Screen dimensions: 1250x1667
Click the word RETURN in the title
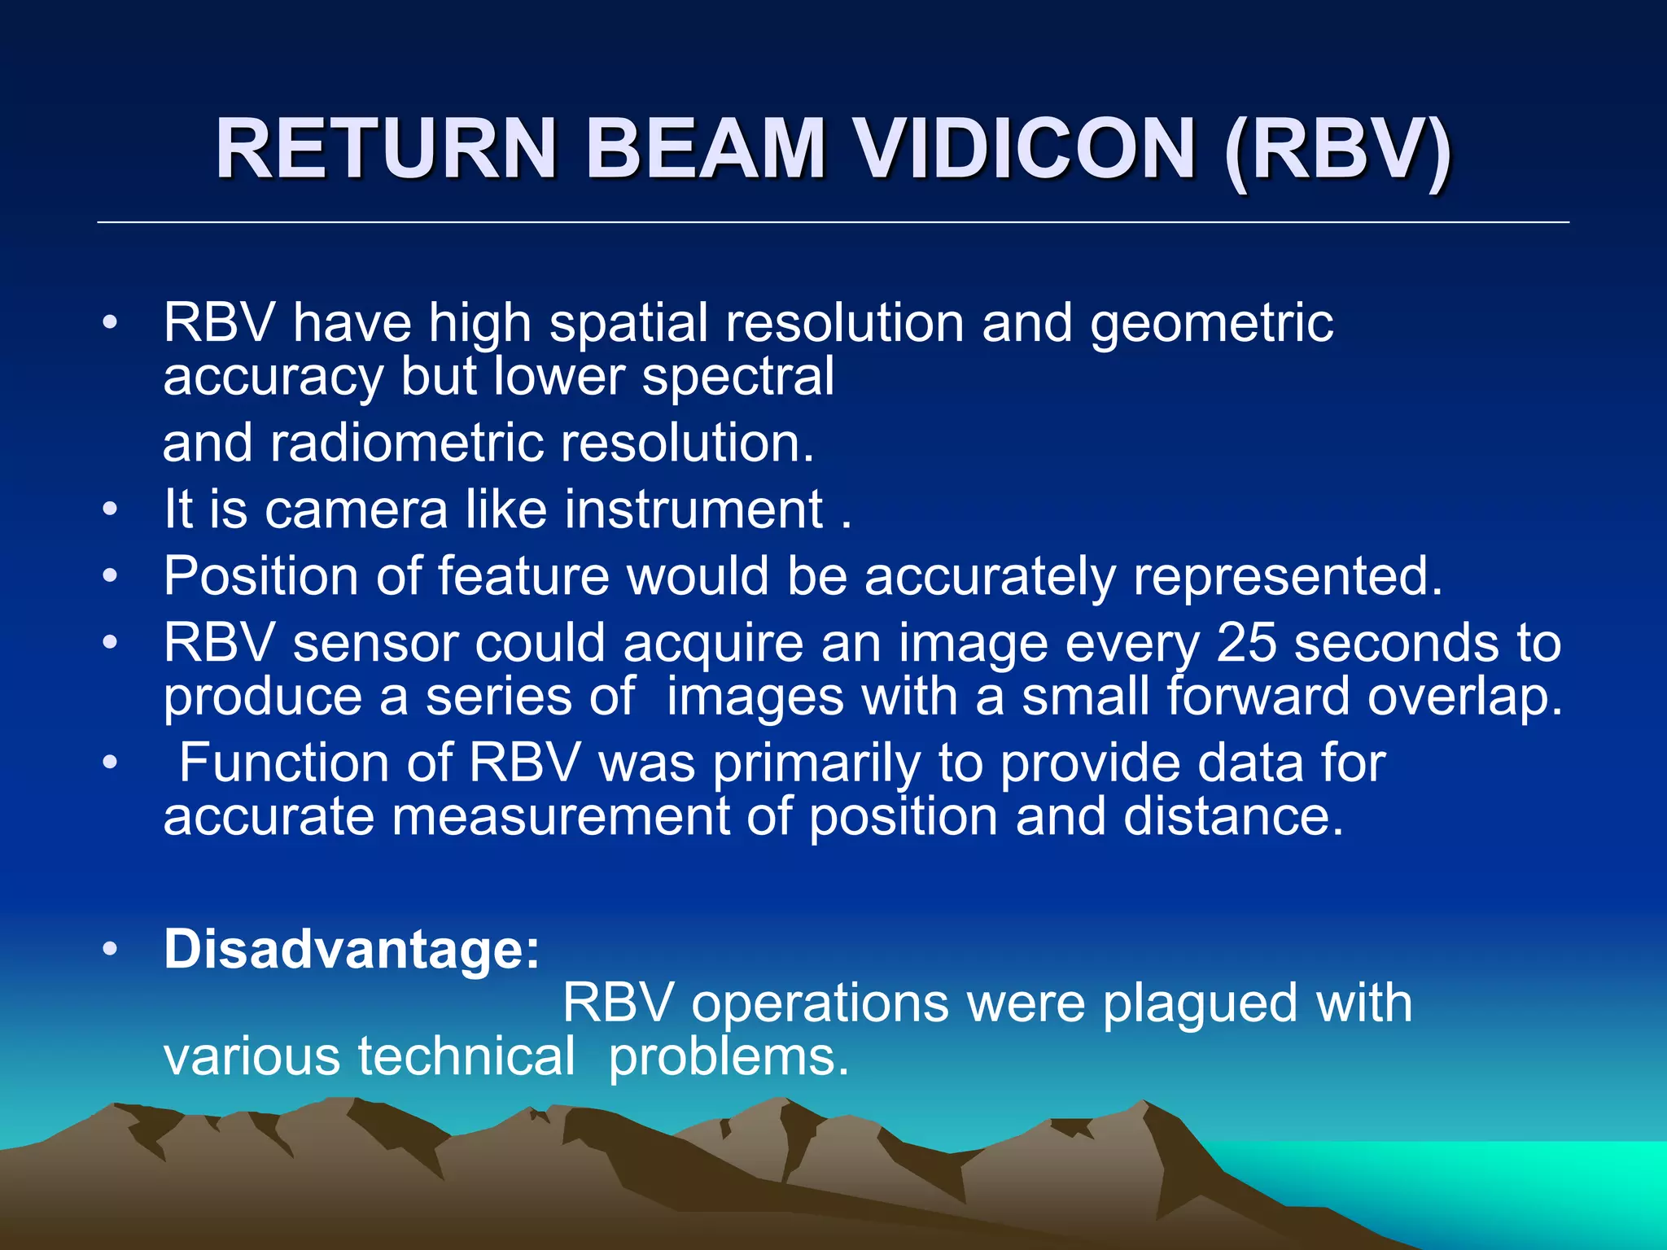pos(386,148)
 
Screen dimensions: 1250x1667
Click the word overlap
pos(1464,697)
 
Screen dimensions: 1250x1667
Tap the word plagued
pos(1200,1003)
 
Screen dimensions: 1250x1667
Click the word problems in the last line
pos(728,1056)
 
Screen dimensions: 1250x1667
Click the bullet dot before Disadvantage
pos(111,949)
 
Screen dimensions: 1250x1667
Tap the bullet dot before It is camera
pos(111,510)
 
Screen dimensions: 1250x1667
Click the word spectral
pos(737,377)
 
